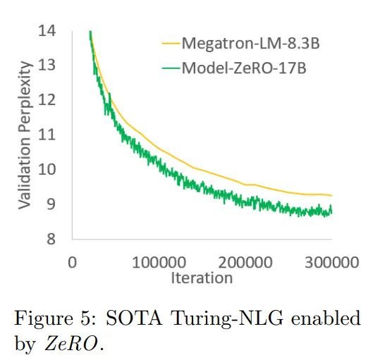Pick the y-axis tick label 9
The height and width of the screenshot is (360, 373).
click(50, 204)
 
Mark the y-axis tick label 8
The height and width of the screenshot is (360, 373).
click(50, 239)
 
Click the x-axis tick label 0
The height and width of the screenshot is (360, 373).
click(72, 263)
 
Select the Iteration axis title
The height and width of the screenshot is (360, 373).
click(201, 278)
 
